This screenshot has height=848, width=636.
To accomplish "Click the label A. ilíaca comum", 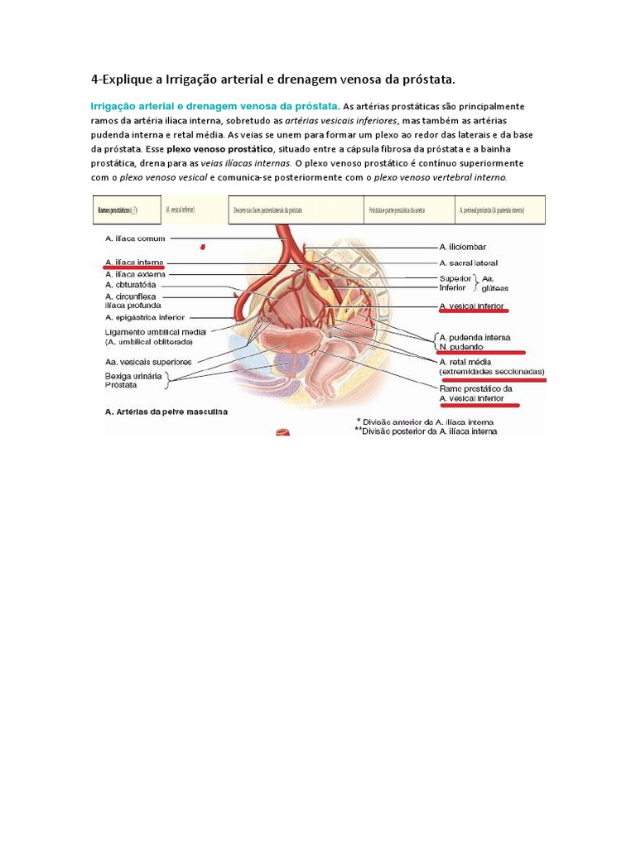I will (x=136, y=238).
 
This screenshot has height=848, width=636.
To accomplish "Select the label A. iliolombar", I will (x=462, y=247).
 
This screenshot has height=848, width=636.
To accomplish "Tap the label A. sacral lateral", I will (x=468, y=263).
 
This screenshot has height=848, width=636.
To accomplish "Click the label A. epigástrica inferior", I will (x=145, y=317).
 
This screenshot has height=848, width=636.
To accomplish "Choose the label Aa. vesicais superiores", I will (x=148, y=361).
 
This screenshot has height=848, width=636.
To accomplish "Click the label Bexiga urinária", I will (x=134, y=376).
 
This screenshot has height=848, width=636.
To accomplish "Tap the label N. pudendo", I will (x=461, y=347).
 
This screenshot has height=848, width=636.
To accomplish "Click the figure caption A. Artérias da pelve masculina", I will (x=166, y=411).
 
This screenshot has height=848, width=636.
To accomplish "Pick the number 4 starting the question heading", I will (x=94, y=79).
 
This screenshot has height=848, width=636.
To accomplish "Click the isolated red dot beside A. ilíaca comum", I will (x=203, y=247).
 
